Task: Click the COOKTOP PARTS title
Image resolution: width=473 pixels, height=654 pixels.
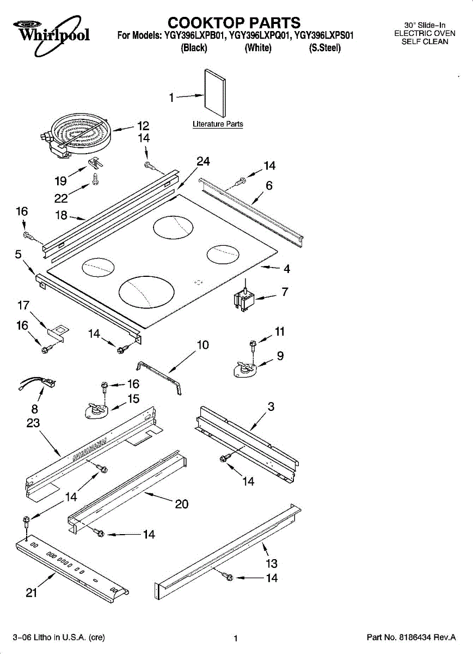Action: pyautogui.click(x=234, y=23)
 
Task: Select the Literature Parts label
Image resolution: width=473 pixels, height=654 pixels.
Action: pyautogui.click(x=218, y=124)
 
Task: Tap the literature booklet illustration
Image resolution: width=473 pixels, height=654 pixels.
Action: pyautogui.click(x=215, y=95)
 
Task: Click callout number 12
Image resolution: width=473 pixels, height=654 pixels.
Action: pyautogui.click(x=143, y=126)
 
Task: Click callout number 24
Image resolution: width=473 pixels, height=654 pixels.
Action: pyautogui.click(x=203, y=161)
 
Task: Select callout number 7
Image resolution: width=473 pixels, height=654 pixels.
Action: pyautogui.click(x=284, y=292)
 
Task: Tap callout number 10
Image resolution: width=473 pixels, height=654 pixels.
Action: pyautogui.click(x=202, y=345)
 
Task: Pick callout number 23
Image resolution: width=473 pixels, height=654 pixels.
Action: pyautogui.click(x=33, y=423)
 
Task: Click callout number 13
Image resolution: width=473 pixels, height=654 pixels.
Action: pyautogui.click(x=271, y=564)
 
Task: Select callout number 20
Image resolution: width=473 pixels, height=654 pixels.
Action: pyautogui.click(x=181, y=504)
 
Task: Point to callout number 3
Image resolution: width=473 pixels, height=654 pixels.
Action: pyautogui.click(x=271, y=407)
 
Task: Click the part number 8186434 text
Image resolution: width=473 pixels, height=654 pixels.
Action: pyautogui.click(x=411, y=637)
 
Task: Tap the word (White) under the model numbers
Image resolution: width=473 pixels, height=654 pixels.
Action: pyautogui.click(x=258, y=48)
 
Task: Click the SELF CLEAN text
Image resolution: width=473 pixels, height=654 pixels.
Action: pyautogui.click(x=425, y=41)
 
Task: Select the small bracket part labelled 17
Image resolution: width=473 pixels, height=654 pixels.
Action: pyautogui.click(x=56, y=331)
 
